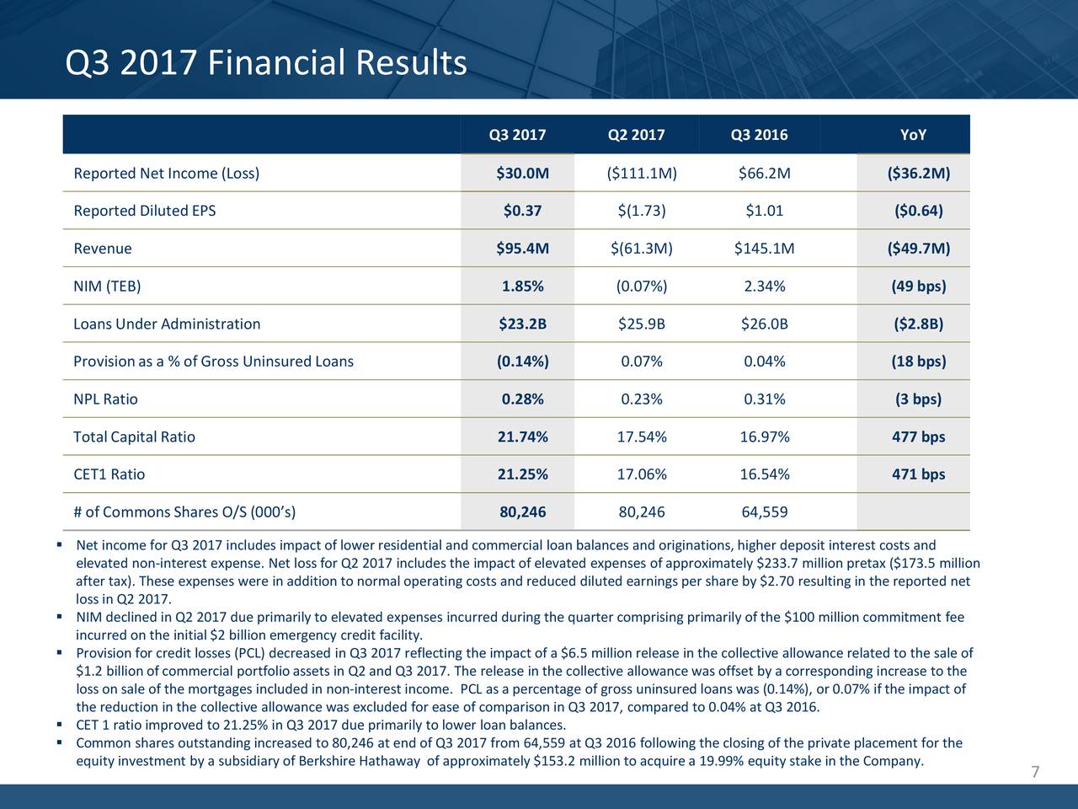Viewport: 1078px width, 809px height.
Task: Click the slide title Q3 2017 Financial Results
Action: (x=265, y=63)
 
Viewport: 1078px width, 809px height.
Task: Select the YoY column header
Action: (x=913, y=135)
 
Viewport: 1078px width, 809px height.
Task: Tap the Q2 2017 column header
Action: (x=636, y=135)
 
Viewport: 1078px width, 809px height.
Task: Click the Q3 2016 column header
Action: (x=759, y=135)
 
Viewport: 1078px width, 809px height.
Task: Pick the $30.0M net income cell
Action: (x=522, y=174)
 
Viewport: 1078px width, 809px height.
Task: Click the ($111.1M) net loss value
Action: (x=641, y=174)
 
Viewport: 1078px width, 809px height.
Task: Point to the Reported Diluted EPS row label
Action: (x=145, y=211)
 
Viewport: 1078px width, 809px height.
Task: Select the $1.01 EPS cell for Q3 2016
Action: (x=764, y=211)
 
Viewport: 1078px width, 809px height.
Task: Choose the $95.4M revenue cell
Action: (x=522, y=249)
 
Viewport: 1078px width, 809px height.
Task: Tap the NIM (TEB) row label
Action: (x=107, y=287)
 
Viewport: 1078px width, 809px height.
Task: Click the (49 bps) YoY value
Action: (x=918, y=287)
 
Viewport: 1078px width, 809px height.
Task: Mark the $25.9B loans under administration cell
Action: (x=641, y=324)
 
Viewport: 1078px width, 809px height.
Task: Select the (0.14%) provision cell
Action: (x=522, y=362)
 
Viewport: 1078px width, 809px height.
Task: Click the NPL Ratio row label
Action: (x=105, y=399)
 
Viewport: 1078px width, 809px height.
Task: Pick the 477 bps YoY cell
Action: (x=918, y=437)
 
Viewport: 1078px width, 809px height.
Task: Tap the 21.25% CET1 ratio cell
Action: (x=522, y=474)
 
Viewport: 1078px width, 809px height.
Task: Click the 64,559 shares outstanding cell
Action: (x=764, y=512)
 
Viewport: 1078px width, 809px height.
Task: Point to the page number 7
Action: (x=1035, y=773)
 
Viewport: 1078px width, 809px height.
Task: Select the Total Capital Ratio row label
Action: (x=134, y=437)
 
